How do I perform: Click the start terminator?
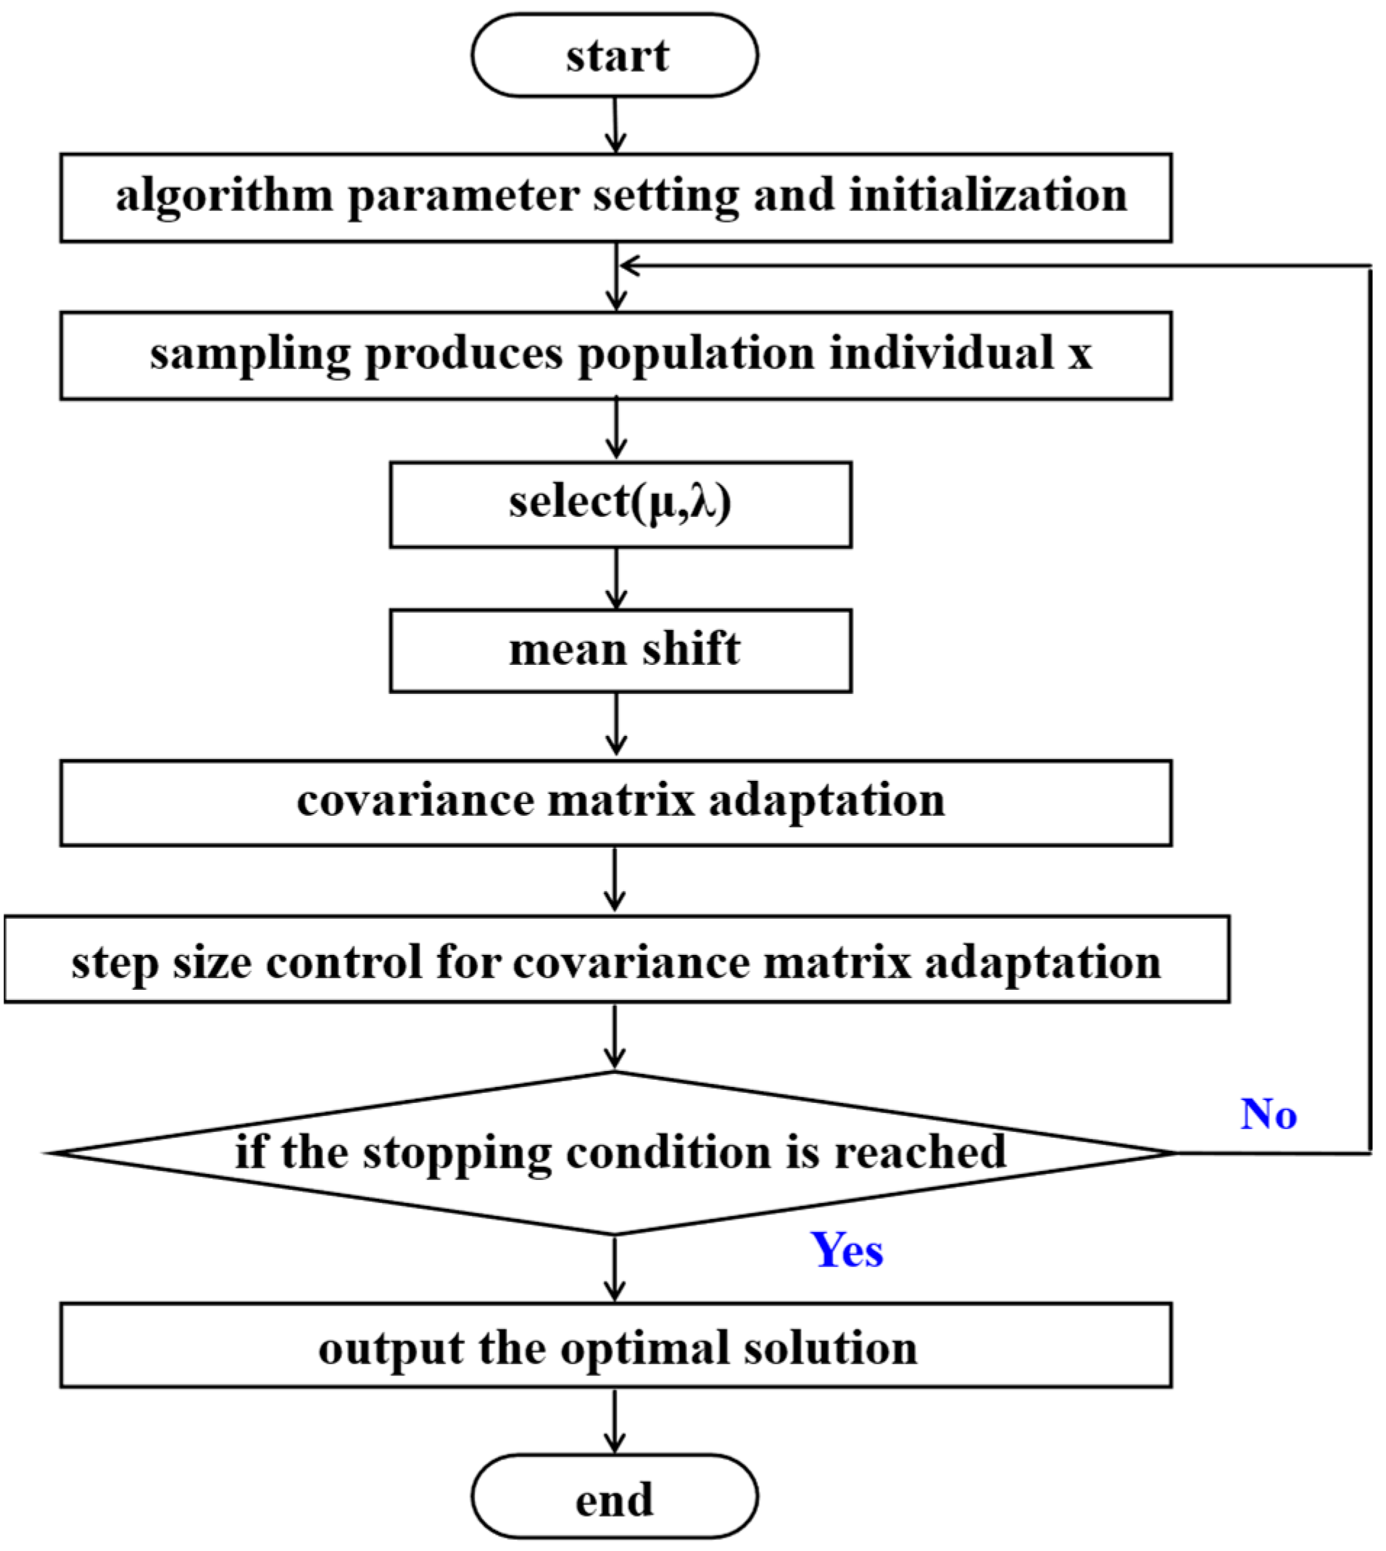[x=615, y=56]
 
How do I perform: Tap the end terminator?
[x=615, y=1497]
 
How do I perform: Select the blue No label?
[x=1269, y=1114]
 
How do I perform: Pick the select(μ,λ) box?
[x=620, y=504]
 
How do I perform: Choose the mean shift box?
[x=620, y=650]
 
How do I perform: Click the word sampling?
[x=249, y=355]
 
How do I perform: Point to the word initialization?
[x=988, y=196]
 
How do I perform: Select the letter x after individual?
[x=1079, y=355]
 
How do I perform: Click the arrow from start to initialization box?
[x=615, y=125]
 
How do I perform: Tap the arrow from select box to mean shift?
[x=616, y=578]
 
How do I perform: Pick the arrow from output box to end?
[x=615, y=1421]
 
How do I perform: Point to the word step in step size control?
[x=115, y=962]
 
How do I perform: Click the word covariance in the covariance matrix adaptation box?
[x=415, y=801]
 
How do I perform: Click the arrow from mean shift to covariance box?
[x=616, y=724]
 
